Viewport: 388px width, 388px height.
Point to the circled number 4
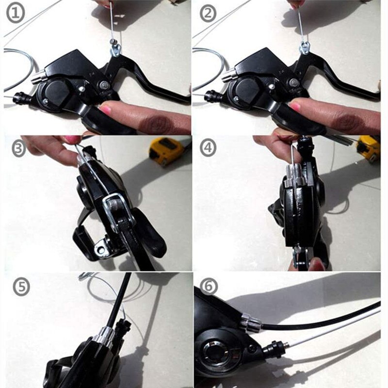pos(208,147)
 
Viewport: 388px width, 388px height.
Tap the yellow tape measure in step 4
pos(369,148)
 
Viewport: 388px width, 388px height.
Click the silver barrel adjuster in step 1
pos(39,75)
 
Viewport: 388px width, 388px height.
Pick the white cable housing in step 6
pos(330,330)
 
